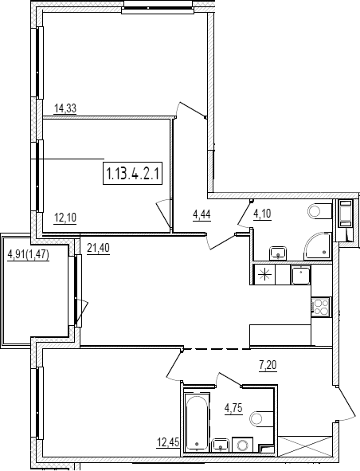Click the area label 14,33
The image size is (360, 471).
[65, 108]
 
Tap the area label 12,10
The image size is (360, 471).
[65, 218]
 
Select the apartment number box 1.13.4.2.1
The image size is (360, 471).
[132, 173]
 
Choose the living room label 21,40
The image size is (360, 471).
[98, 248]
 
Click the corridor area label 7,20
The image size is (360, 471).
[268, 365]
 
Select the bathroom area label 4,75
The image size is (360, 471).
[233, 408]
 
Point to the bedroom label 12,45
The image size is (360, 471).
[168, 442]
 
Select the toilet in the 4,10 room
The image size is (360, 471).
[319, 211]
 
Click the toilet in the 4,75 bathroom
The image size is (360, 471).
[262, 418]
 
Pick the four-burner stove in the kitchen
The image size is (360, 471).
[321, 307]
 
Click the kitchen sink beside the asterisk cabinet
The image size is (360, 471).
[300, 274]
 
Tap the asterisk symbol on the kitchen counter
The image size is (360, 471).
[264, 274]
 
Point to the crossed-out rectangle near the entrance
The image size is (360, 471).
[305, 445]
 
